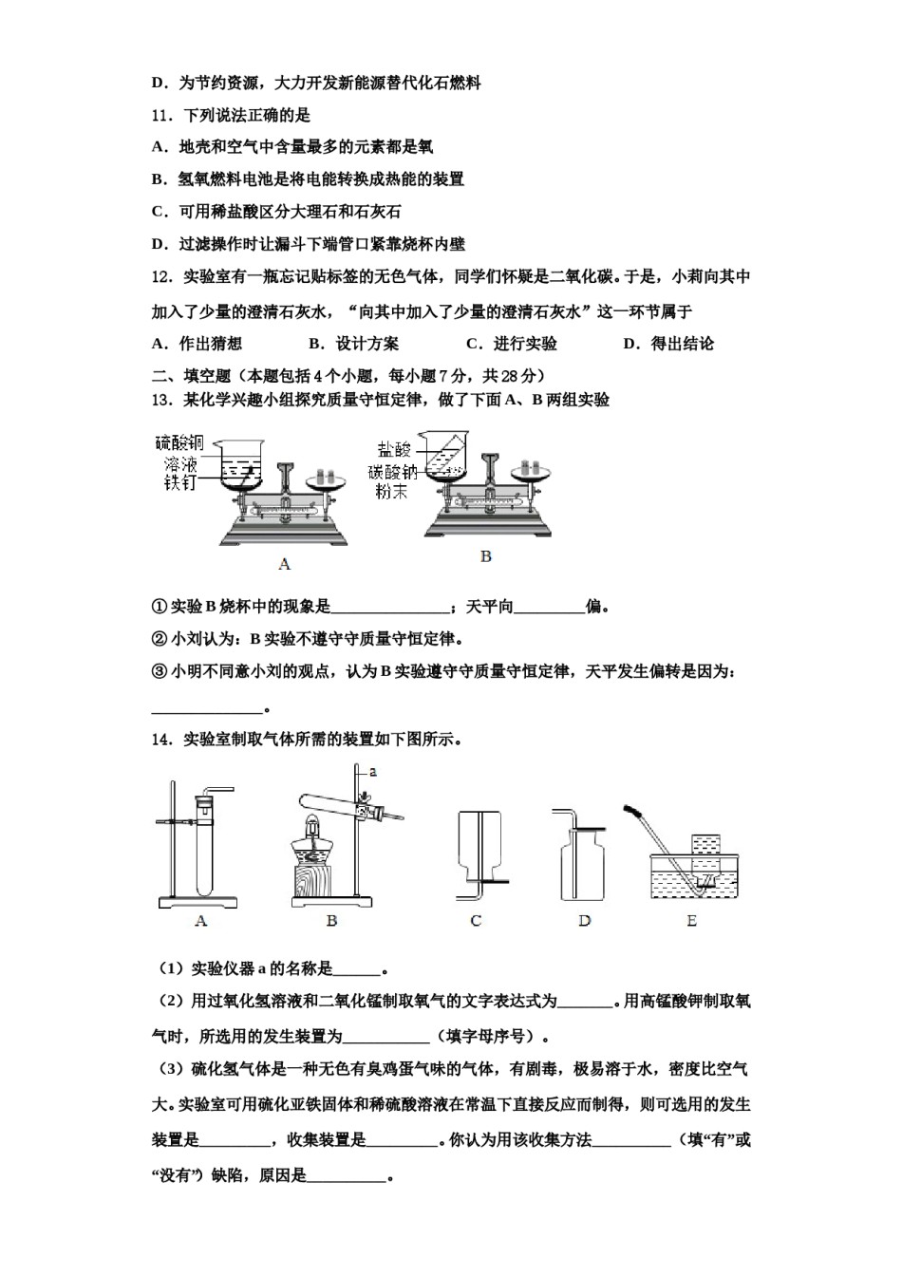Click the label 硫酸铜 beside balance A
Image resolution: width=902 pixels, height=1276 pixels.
(x=179, y=443)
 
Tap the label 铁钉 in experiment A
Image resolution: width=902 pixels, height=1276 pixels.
(x=179, y=482)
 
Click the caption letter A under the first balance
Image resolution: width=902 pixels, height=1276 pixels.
(x=284, y=564)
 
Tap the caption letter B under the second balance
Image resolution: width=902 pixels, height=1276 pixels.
(x=485, y=556)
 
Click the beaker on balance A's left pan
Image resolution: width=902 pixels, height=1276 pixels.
(x=238, y=461)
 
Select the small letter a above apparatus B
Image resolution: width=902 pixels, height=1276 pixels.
(x=373, y=772)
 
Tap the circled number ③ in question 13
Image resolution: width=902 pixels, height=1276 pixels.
(x=160, y=671)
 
